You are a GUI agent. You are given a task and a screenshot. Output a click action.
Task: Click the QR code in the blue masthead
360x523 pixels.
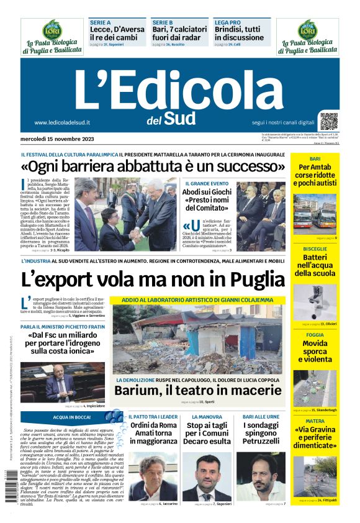coord(329,121)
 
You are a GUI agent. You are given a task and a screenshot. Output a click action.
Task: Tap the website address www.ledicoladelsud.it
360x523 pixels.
coord(63,122)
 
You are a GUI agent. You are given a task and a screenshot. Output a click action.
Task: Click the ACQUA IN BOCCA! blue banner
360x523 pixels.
coord(72,417)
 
